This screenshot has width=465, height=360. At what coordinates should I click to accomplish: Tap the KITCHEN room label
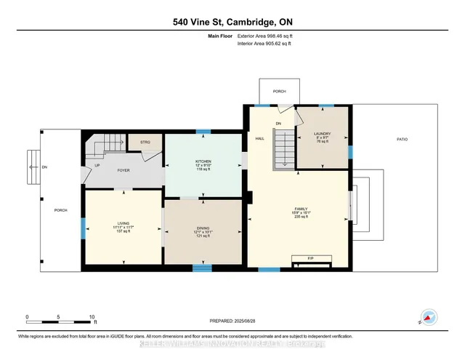pos(203,160)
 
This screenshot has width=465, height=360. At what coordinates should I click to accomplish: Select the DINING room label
pos(203,228)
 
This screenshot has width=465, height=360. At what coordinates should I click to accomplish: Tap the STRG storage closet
pos(145,143)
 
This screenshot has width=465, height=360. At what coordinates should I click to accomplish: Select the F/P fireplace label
pos(310,258)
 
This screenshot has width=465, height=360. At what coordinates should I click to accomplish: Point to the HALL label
pos(259,138)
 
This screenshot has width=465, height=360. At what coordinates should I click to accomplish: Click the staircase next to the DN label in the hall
pos(285,149)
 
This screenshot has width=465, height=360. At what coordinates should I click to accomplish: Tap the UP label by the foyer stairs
pos(97,166)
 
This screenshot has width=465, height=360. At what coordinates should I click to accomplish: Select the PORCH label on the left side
pos(60,210)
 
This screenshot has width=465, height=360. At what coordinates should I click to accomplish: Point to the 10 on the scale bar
pos(92,317)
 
